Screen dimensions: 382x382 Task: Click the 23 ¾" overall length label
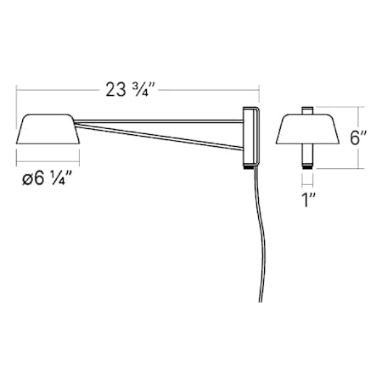137,87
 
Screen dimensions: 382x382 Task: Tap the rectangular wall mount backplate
250,136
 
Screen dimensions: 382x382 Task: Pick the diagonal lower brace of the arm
161,138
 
